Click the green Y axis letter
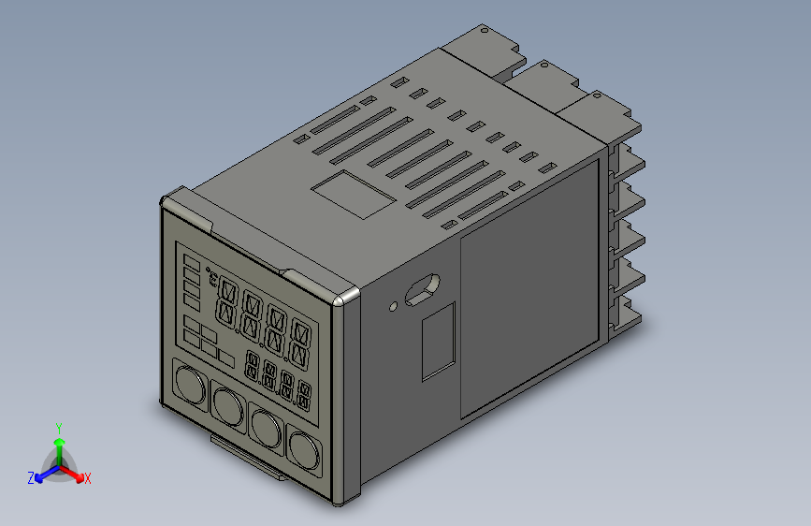click(x=58, y=427)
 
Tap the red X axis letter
click(x=87, y=478)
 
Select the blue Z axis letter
click(x=31, y=478)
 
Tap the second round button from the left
click(x=228, y=405)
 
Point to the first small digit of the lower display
click(x=253, y=366)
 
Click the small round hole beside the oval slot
click(x=394, y=304)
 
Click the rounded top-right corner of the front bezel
click(x=348, y=296)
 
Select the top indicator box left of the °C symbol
click(x=191, y=261)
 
